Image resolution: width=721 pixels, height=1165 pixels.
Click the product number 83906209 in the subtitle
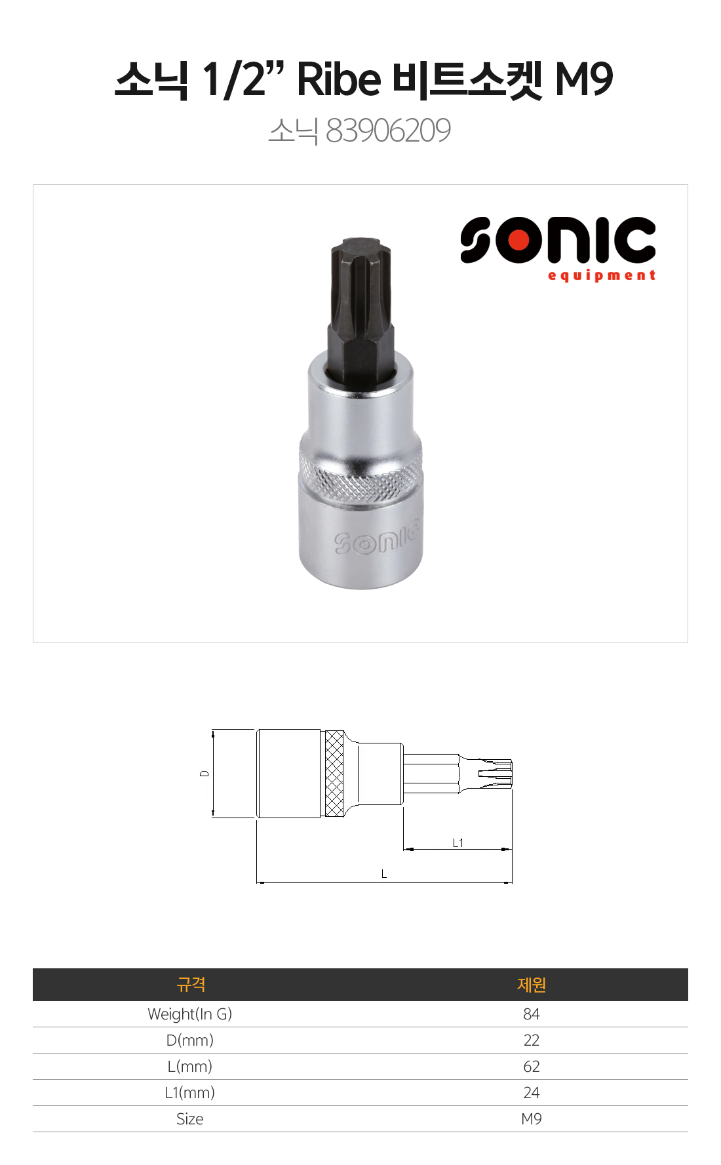tap(388, 130)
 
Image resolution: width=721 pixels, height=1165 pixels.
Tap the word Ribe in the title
tap(339, 79)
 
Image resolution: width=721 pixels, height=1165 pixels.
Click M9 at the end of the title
tap(583, 79)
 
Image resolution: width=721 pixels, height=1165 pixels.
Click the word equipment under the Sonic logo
tap(602, 275)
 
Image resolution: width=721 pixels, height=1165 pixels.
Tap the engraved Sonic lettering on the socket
tap(376, 539)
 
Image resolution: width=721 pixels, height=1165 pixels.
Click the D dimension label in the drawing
tap(205, 774)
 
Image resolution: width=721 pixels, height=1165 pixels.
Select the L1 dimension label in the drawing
tap(458, 843)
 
